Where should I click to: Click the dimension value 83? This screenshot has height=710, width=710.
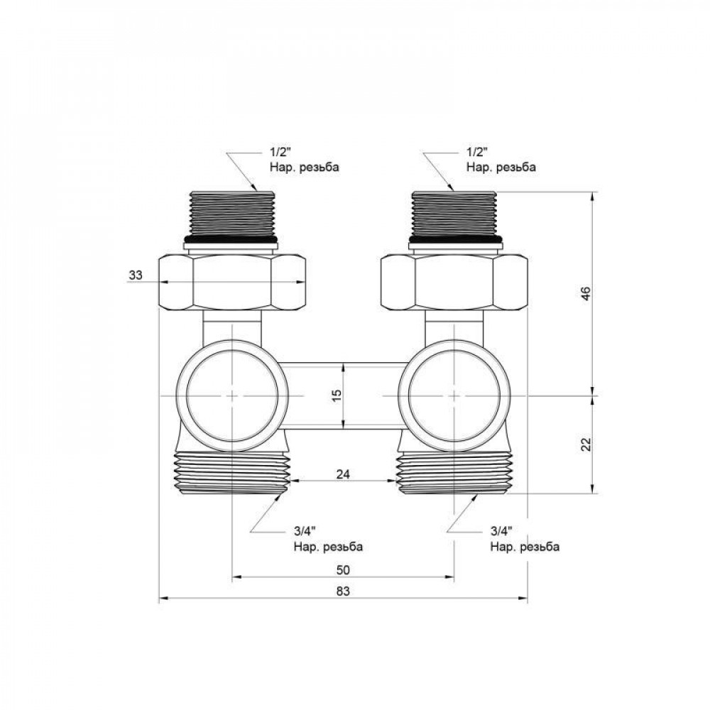click(x=344, y=590)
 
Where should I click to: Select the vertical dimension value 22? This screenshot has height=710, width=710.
click(x=584, y=444)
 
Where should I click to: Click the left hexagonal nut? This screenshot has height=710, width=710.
click(x=231, y=281)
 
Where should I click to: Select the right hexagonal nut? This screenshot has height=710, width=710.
click(x=454, y=281)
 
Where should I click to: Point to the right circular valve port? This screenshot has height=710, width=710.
click(x=454, y=395)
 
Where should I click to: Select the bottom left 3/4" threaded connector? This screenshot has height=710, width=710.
click(x=231, y=473)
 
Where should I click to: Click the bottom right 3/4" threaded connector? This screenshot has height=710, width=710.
click(x=454, y=473)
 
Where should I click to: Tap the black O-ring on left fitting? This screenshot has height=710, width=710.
click(x=231, y=239)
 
